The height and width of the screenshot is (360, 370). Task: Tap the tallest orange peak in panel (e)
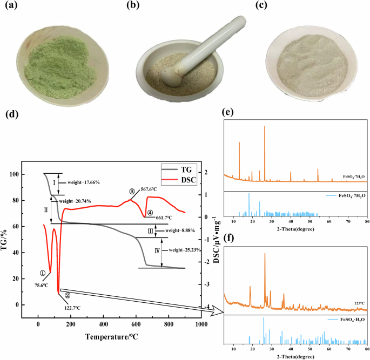pos(265,127)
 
